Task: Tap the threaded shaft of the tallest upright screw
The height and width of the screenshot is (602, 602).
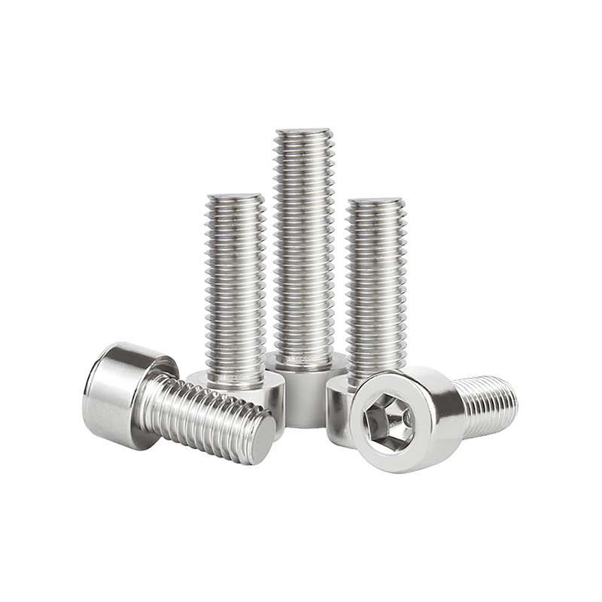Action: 304,241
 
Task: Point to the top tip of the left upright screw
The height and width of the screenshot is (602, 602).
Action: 236,198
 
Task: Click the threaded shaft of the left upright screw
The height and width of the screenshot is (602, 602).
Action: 236,286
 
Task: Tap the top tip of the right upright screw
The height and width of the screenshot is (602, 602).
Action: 375,202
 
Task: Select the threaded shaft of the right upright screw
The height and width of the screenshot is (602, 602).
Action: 375,286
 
